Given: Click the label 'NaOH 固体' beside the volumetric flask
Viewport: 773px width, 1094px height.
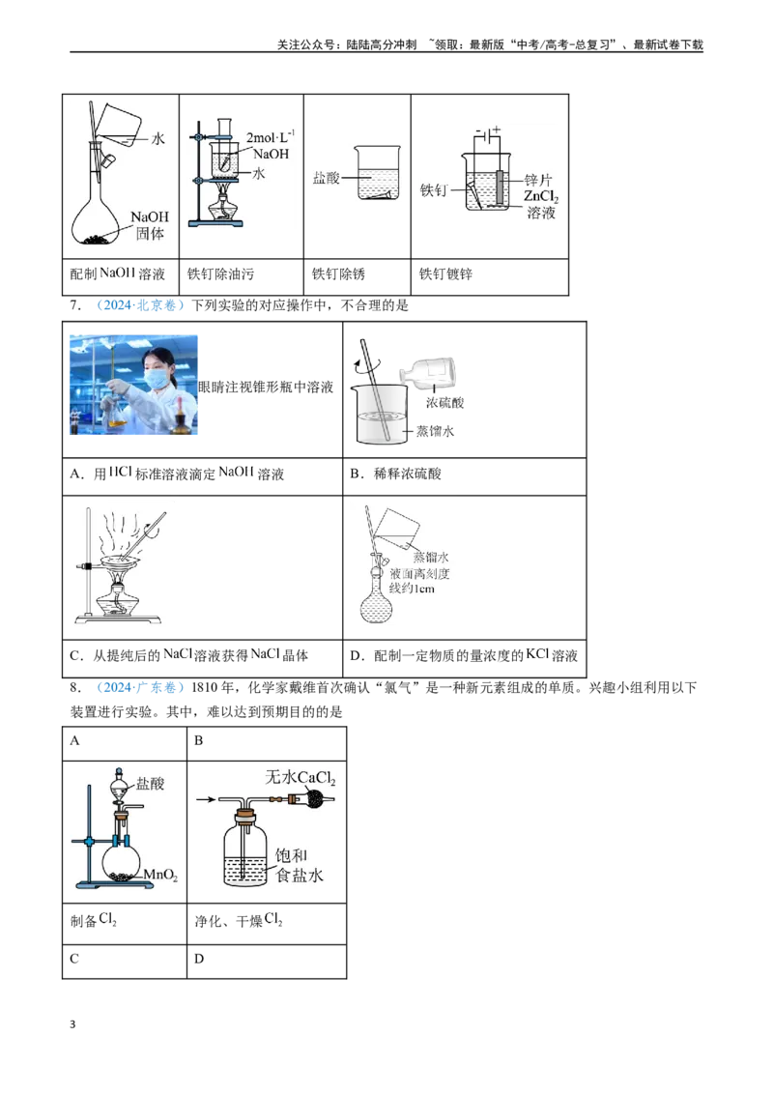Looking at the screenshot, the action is click(x=150, y=225).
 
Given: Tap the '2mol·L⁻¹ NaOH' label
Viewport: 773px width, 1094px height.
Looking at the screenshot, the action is click(x=270, y=145).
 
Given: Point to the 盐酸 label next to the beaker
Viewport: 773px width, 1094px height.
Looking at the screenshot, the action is click(x=326, y=178).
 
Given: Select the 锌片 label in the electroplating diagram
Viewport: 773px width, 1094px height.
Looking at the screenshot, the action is click(x=537, y=180).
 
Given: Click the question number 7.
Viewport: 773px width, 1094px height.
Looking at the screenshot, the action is click(x=75, y=305).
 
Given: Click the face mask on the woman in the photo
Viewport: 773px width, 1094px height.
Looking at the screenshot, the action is click(x=156, y=379).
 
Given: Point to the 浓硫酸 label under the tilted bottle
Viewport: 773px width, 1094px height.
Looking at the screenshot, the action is click(x=445, y=403).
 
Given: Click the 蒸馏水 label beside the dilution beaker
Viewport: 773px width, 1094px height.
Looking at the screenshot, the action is click(x=435, y=431).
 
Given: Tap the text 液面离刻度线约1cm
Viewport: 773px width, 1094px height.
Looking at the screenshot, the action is click(x=419, y=581).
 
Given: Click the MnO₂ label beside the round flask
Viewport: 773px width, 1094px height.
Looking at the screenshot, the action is click(x=160, y=875).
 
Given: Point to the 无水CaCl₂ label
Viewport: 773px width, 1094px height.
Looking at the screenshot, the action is click(x=300, y=777).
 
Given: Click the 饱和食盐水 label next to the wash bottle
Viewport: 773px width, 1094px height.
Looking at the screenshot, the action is click(x=300, y=865).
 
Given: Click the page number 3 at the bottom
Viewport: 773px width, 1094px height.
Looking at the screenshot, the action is click(x=72, y=1024).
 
